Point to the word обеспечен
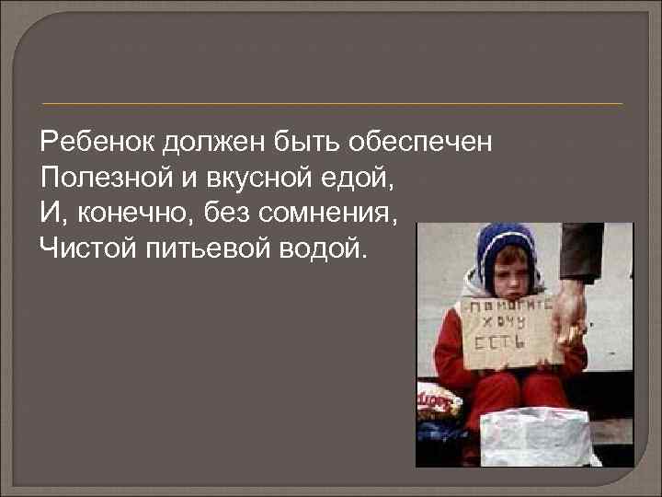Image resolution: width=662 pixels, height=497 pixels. point(426,143)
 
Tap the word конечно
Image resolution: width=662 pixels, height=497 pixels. point(127,213)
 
